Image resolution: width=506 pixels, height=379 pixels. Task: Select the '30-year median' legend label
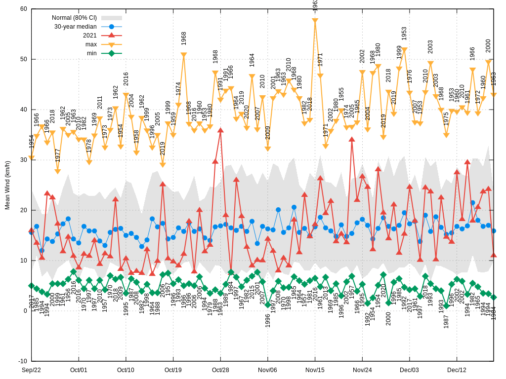[75, 27]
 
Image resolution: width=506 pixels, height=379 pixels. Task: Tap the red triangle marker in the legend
[111, 36]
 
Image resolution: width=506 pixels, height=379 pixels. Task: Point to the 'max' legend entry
[91, 44]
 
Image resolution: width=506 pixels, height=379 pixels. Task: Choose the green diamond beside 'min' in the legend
[111, 53]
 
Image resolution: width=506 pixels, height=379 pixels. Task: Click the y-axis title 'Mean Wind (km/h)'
[7, 185]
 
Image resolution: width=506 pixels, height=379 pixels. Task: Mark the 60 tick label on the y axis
[24, 9]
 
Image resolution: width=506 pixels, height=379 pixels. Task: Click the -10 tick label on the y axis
[23, 361]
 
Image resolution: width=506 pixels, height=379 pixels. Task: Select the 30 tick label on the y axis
[24, 160]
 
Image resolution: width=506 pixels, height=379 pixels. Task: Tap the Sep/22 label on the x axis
[31, 370]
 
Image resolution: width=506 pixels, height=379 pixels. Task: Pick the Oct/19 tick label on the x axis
[173, 370]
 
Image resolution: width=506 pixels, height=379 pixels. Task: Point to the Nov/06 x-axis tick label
[267, 370]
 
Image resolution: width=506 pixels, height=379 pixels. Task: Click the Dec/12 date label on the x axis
[457, 370]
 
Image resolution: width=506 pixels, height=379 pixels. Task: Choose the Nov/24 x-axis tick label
[362, 370]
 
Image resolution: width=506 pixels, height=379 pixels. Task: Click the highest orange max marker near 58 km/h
[315, 21]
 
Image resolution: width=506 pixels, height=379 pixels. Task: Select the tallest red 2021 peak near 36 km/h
[220, 130]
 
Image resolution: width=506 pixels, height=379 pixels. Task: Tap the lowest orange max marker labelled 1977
[57, 171]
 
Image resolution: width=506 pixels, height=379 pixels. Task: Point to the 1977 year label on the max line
[58, 155]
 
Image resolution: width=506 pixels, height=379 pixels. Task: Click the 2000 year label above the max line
[488, 46]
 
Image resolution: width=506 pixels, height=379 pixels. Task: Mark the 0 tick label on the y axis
[25, 310]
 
